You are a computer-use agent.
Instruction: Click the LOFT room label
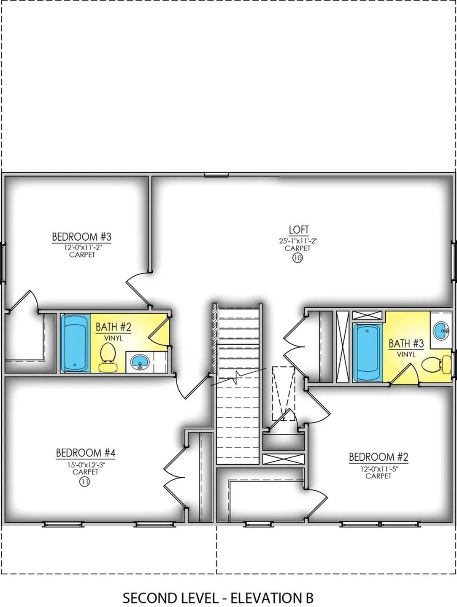click(298, 230)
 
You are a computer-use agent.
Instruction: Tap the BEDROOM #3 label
click(81, 236)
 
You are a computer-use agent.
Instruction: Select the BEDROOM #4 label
click(86, 453)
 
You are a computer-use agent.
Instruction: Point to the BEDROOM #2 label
click(379, 457)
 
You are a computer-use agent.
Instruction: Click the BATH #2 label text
click(114, 327)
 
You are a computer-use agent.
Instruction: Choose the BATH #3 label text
click(406, 344)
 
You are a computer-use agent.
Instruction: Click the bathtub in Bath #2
click(75, 342)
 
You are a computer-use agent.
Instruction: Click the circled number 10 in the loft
click(297, 258)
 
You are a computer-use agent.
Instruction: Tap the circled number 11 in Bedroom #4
click(85, 482)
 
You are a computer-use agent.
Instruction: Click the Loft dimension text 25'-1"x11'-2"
click(297, 241)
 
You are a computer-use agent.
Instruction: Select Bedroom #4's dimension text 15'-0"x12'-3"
click(85, 465)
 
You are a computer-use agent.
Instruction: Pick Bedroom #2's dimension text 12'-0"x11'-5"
click(379, 468)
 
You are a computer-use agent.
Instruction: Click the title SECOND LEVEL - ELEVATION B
click(218, 597)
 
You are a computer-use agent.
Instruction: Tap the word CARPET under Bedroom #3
click(82, 255)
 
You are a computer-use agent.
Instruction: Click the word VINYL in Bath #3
click(406, 355)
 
